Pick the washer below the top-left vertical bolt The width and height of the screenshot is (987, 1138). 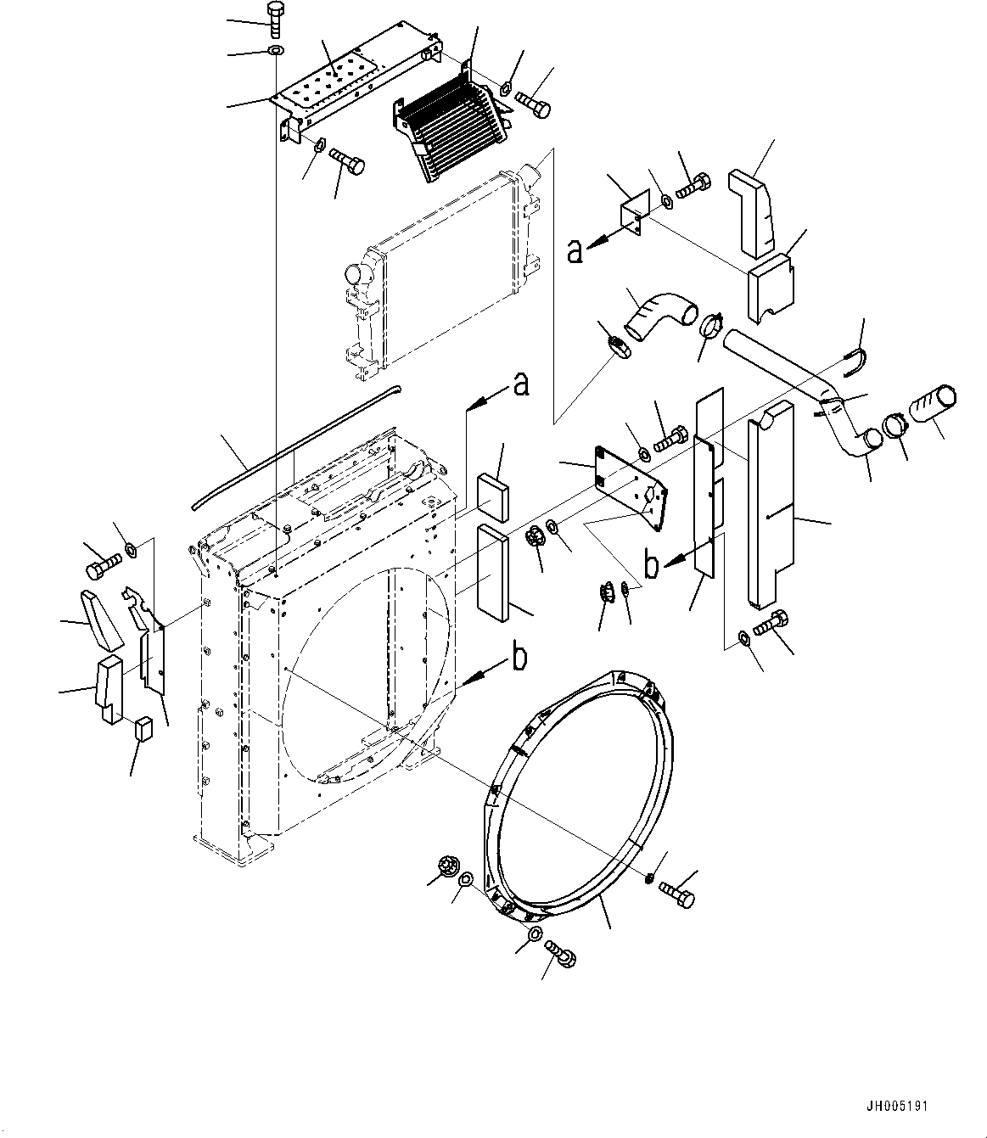click(x=276, y=51)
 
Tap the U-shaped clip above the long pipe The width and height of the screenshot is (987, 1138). click(x=855, y=362)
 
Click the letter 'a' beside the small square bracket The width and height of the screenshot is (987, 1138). click(x=575, y=251)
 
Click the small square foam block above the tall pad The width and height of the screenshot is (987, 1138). click(x=493, y=497)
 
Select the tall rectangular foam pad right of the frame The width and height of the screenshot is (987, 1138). click(x=493, y=572)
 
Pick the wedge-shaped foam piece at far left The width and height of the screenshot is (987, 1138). click(x=103, y=620)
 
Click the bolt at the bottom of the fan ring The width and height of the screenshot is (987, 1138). click(x=560, y=955)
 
